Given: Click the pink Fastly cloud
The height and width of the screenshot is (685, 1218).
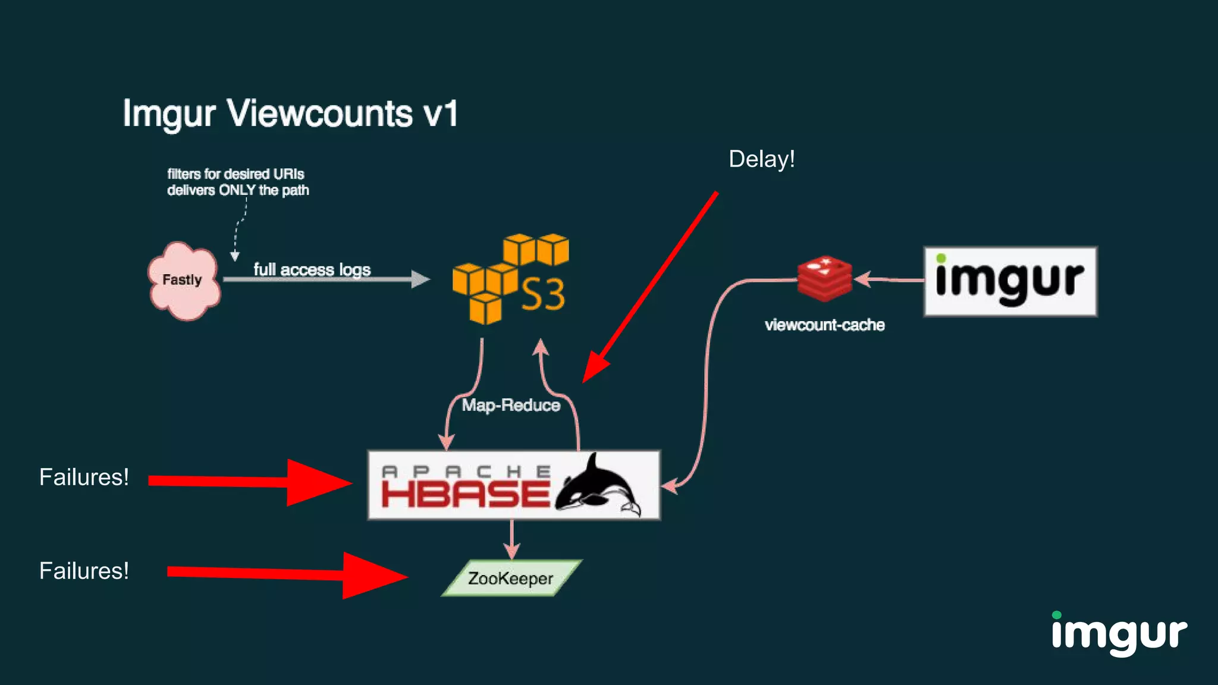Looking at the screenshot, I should click(184, 280).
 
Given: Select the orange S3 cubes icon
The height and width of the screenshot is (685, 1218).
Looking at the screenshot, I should click(510, 279).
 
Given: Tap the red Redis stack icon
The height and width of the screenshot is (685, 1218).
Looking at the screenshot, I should click(824, 278).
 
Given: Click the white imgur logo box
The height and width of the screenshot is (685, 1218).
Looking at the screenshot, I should click(1010, 281).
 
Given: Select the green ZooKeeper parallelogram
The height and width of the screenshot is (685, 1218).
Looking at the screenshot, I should click(511, 578).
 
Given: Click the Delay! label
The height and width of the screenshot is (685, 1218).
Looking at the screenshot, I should click(762, 159).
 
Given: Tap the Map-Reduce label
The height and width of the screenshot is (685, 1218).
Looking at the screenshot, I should click(511, 406).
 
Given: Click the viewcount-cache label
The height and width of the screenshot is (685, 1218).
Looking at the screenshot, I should click(824, 325).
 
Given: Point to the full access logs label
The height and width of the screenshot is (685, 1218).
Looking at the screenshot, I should click(312, 269).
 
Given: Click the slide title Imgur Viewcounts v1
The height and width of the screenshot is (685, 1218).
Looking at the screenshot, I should click(290, 113).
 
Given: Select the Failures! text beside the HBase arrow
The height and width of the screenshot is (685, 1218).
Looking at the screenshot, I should click(84, 477).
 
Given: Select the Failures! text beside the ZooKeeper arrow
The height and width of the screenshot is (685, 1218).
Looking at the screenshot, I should click(84, 571).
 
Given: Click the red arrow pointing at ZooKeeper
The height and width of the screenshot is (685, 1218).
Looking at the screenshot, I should click(285, 574).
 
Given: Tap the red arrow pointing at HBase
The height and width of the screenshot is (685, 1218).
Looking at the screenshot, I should click(250, 482).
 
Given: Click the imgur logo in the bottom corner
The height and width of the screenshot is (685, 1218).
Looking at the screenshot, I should click(1119, 633).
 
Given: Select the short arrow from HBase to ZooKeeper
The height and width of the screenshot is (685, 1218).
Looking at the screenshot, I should click(511, 539).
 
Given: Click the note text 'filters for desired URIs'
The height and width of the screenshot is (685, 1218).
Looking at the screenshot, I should click(236, 174).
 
